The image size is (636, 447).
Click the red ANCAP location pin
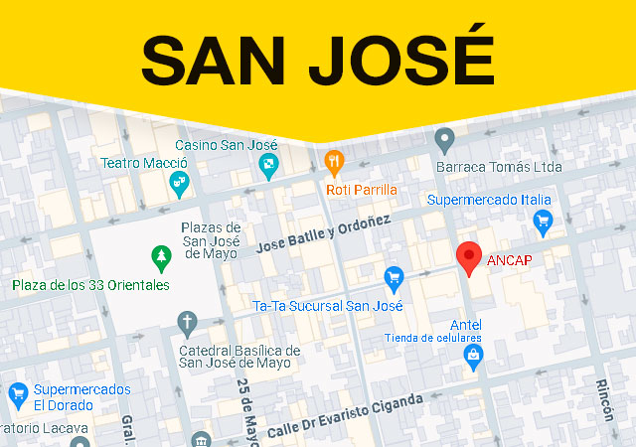[x=468, y=257]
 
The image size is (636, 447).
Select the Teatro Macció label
[x=143, y=162]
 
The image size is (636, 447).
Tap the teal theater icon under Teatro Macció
[x=179, y=182]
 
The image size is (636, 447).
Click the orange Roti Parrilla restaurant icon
[x=336, y=161]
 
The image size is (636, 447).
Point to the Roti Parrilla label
[x=361, y=189]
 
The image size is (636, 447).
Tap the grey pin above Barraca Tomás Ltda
[x=445, y=140]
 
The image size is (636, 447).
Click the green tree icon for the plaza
[x=160, y=259]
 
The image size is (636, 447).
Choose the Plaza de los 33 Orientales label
[x=90, y=285]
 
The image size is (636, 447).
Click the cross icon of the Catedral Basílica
[x=187, y=322]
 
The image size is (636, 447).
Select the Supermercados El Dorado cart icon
[x=17, y=393]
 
